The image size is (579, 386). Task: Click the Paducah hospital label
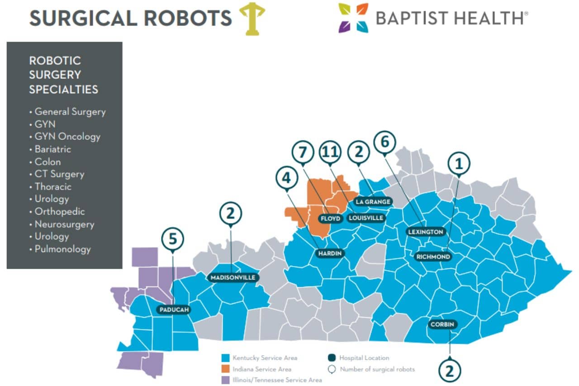click(x=174, y=310)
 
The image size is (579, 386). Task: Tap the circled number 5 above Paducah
click(x=173, y=239)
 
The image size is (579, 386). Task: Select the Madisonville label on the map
click(x=233, y=277)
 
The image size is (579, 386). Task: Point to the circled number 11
click(x=331, y=152)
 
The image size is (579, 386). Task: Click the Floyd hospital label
click(x=330, y=219)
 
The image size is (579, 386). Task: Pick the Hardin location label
click(x=329, y=253)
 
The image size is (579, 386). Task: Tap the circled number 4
click(x=287, y=178)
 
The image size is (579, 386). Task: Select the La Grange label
click(x=373, y=201)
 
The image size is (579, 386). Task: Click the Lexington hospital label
click(x=425, y=232)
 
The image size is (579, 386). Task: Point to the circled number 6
click(x=384, y=142)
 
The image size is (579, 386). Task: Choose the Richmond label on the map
click(x=433, y=257)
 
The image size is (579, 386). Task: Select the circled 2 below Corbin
click(x=450, y=370)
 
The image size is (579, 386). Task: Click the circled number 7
click(x=304, y=152)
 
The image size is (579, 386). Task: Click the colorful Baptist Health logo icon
click(x=353, y=18)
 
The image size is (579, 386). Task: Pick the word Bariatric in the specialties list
click(x=52, y=149)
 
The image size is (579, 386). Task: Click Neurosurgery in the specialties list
click(x=64, y=224)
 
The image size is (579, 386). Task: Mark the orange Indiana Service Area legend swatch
click(x=227, y=369)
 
